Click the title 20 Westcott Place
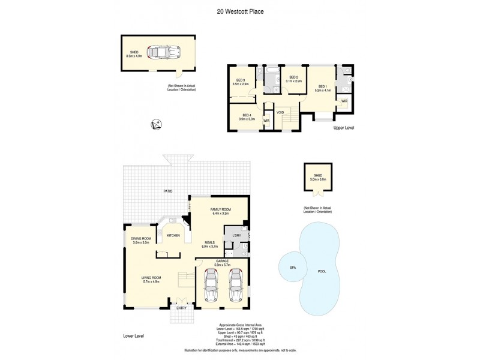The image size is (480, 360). point(239,11)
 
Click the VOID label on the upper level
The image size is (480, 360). point(280,112)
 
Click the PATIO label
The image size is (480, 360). point(169,191)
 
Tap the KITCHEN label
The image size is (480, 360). point(173,235)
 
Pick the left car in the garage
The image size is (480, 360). point(212,286)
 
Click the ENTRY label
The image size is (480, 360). point(181,307)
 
